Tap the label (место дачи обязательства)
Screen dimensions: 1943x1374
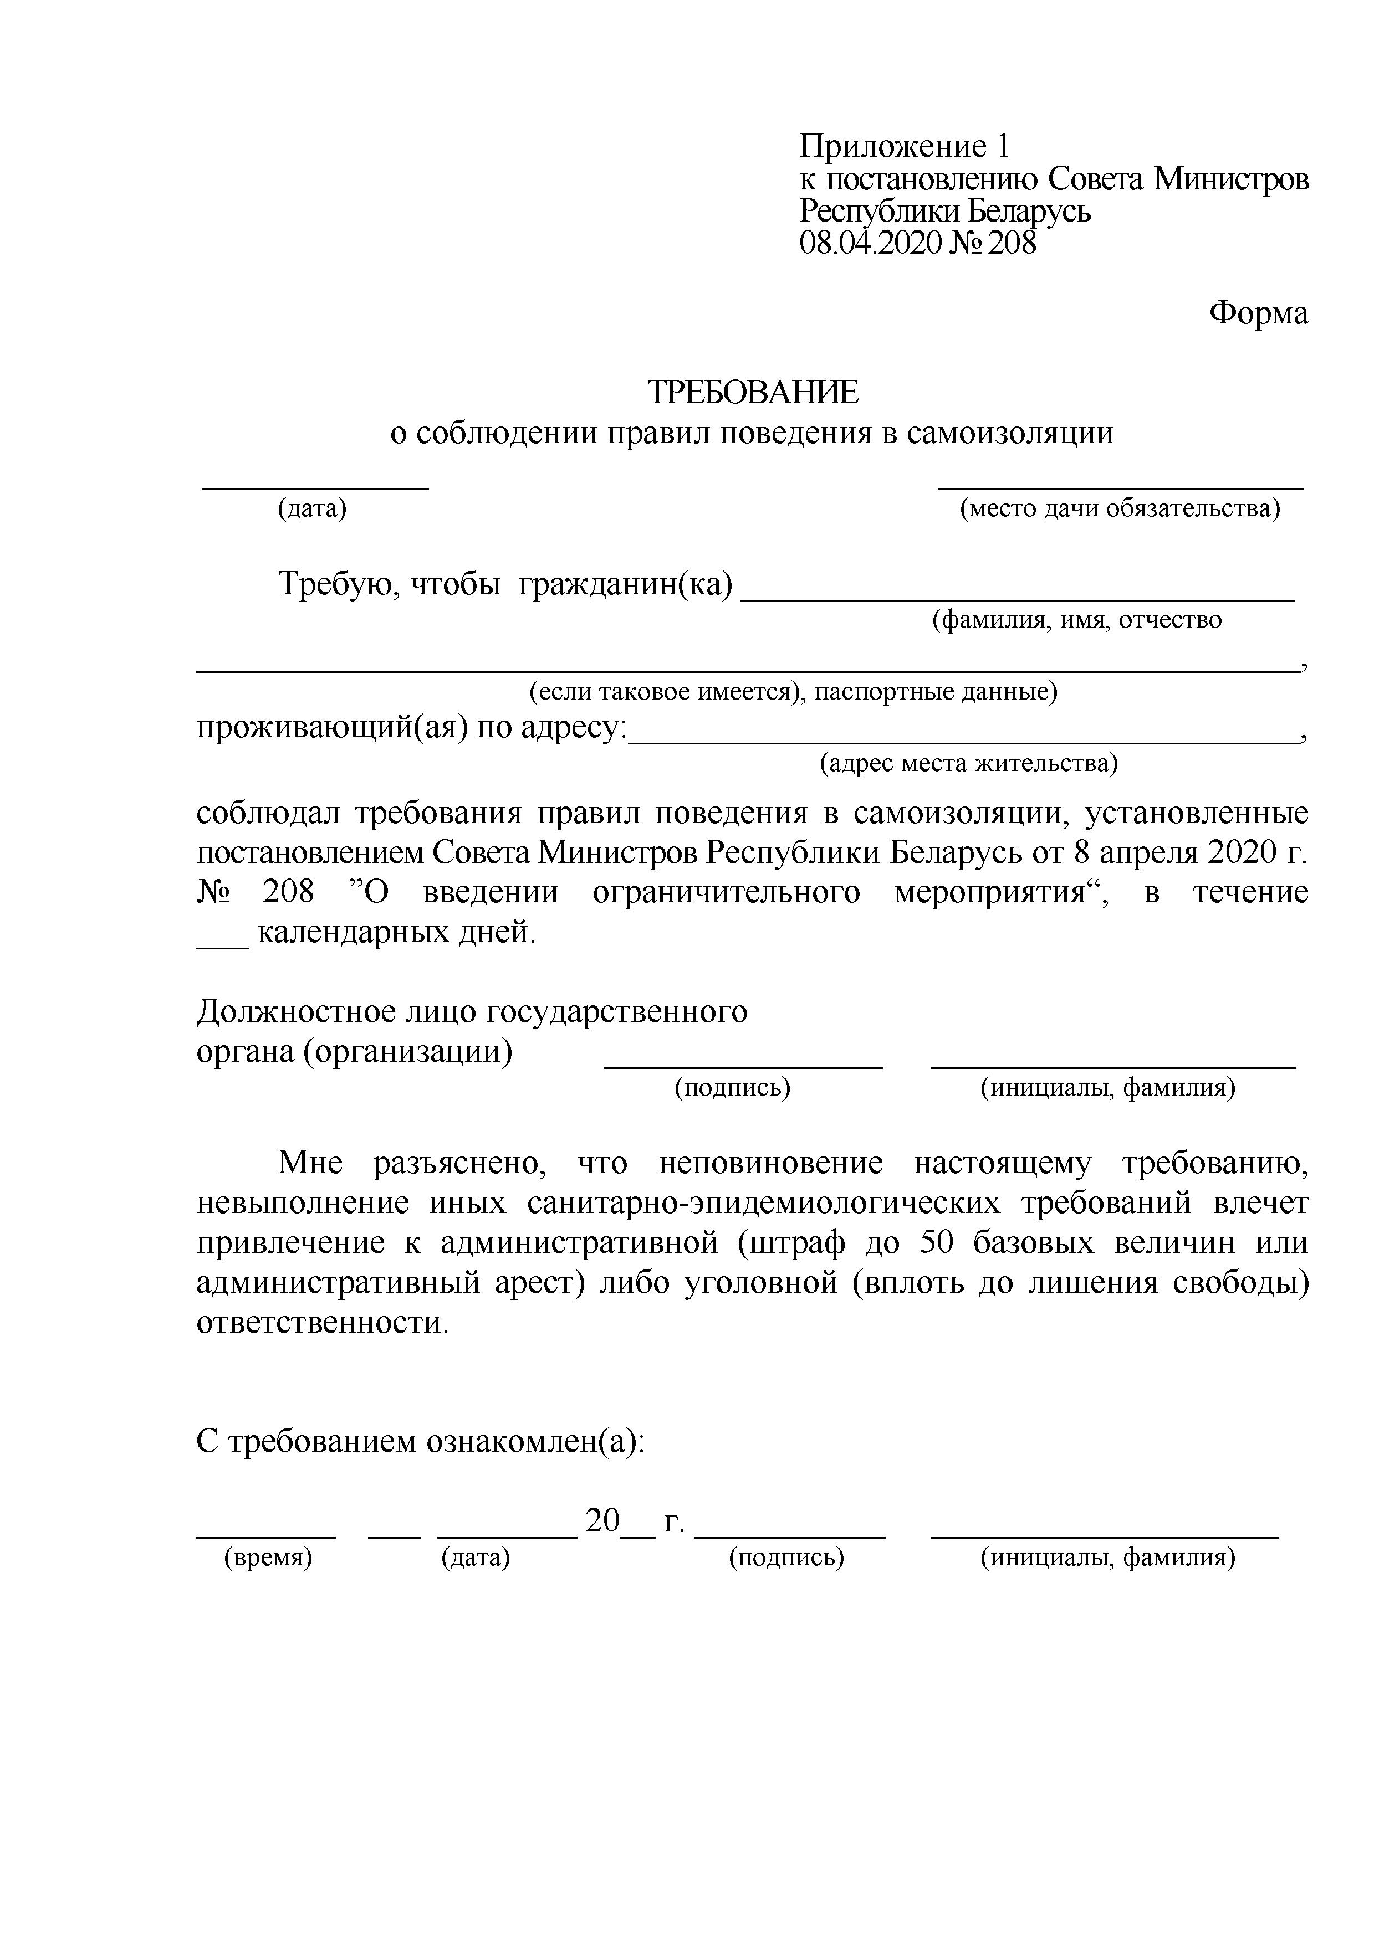(1119, 508)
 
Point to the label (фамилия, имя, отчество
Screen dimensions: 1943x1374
(1076, 620)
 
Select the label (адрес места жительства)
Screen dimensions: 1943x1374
(968, 764)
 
